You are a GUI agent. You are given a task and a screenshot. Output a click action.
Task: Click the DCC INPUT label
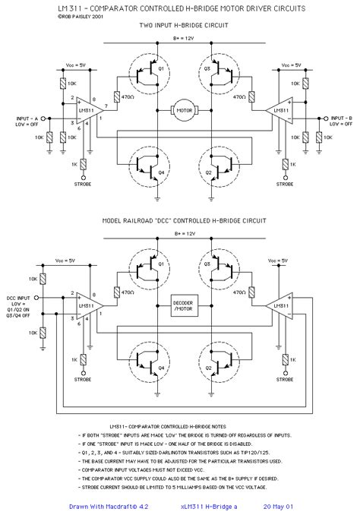(x=17, y=302)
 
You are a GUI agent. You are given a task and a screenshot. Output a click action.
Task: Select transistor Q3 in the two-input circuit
(x=216, y=73)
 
